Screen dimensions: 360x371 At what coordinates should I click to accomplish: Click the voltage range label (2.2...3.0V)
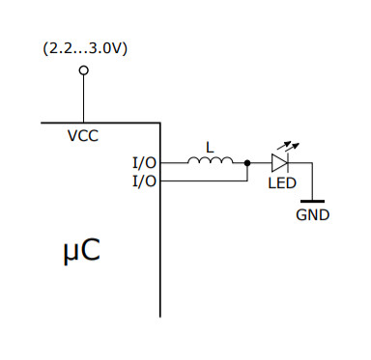point(83,48)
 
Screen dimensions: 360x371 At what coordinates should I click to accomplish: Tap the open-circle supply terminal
point(83,70)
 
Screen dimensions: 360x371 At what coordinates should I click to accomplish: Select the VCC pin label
point(83,136)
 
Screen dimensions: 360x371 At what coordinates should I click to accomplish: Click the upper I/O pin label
point(144,163)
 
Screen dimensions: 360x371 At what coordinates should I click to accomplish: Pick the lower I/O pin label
point(144,180)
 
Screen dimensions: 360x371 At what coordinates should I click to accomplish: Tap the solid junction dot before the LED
point(248,164)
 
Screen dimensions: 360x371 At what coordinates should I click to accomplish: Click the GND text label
point(311,215)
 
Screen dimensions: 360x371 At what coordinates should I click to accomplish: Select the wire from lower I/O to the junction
point(203,180)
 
